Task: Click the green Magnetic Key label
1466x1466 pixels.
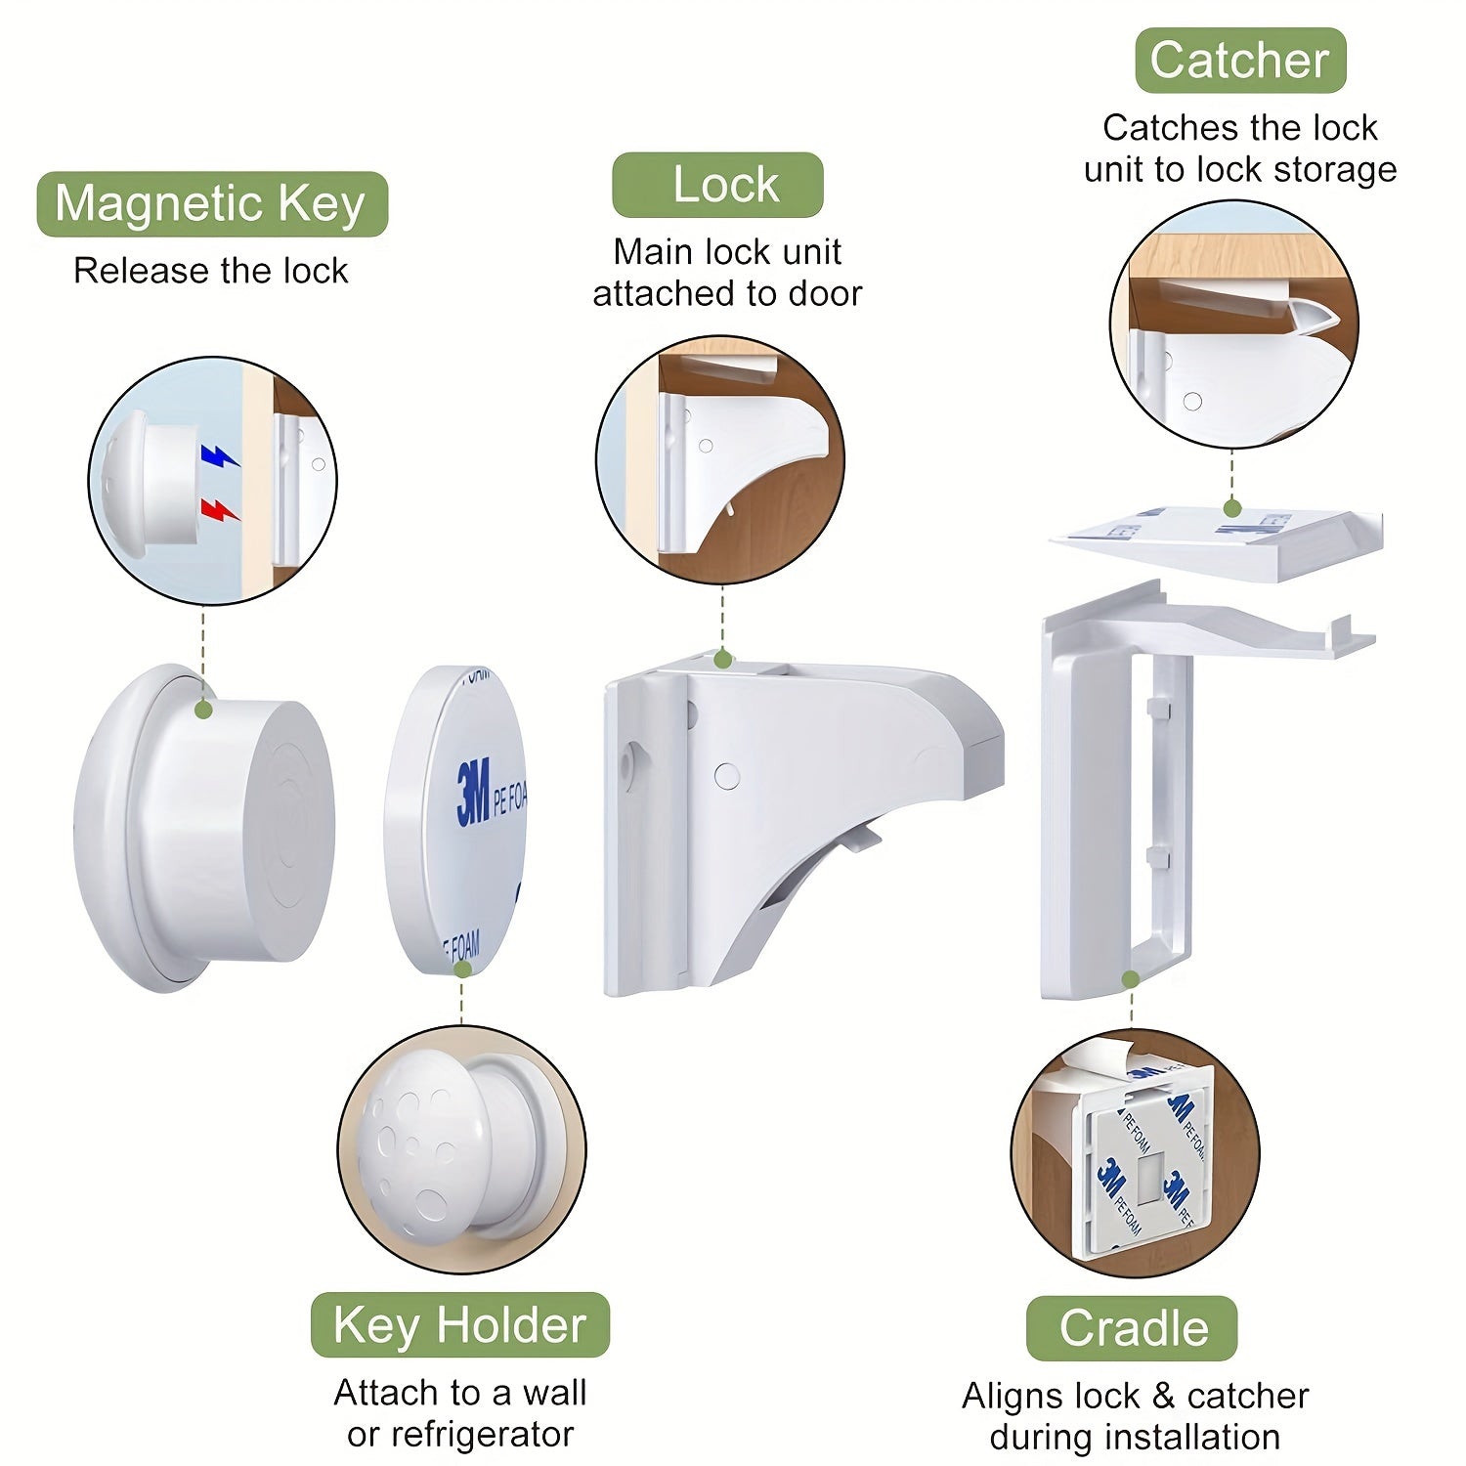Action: point(212,204)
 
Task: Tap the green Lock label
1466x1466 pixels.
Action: point(718,185)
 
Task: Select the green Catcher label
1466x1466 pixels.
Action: point(1240,61)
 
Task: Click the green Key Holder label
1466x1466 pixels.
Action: point(460,1325)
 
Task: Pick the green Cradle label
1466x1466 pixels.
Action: point(1133,1328)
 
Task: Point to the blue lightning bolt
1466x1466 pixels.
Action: point(219,456)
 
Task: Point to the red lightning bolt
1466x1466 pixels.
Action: point(219,509)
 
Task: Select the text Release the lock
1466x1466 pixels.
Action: point(211,271)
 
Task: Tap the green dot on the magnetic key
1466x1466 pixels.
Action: point(204,710)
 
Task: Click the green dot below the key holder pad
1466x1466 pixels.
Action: point(463,970)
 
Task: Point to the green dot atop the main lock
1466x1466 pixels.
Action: point(722,660)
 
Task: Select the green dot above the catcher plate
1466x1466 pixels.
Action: point(1232,508)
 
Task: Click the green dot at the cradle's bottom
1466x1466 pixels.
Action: point(1131,979)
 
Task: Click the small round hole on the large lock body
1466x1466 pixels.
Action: point(727,776)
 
